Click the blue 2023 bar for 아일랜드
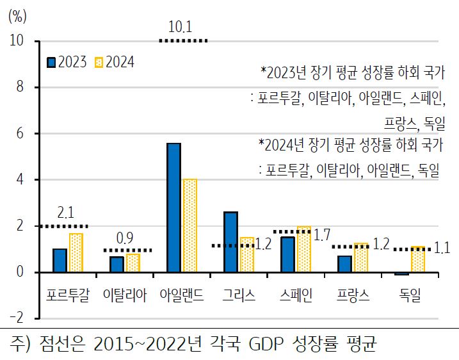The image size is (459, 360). point(173,208)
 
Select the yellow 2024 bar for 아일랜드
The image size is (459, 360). point(189,226)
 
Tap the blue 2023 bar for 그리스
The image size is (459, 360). point(230,242)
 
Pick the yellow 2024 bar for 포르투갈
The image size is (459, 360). point(76,253)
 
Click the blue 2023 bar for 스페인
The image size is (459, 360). point(287,255)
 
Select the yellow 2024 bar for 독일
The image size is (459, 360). point(417,260)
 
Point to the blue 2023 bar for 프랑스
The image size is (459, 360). point(344,264)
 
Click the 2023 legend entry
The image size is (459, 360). point(67,62)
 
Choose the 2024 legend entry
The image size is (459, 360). point(115,62)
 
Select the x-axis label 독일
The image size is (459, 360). point(410,295)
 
